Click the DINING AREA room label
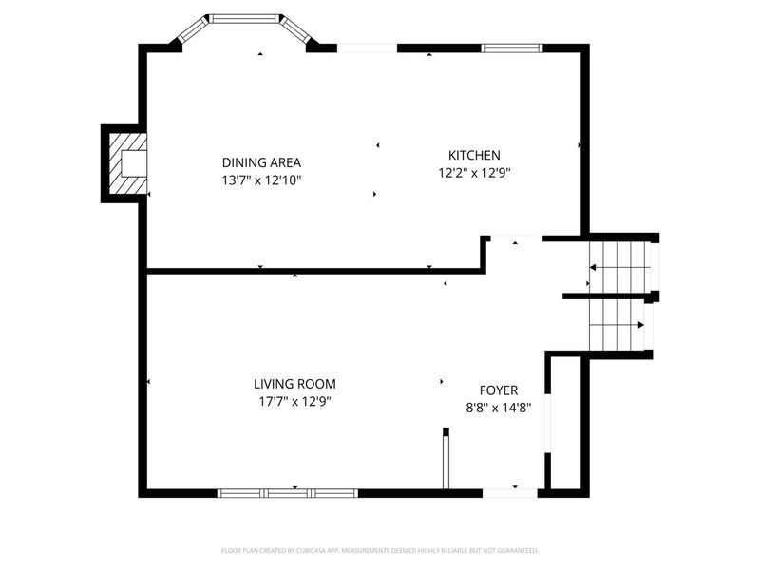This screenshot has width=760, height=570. [261, 162]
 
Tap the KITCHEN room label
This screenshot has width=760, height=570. [474, 155]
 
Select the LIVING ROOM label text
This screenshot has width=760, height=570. [294, 384]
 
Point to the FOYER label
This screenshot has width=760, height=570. [498, 389]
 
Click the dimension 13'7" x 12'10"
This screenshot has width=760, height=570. [261, 180]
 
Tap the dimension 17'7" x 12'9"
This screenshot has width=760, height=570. [294, 401]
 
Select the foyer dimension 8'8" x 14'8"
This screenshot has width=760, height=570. [498, 407]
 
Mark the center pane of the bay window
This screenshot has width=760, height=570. [245, 17]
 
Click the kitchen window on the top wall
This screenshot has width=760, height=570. [511, 47]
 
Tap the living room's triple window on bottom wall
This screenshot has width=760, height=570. [287, 493]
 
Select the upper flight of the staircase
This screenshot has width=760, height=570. [619, 266]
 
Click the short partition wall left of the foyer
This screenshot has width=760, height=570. [445, 461]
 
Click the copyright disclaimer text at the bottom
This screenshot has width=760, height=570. [380, 550]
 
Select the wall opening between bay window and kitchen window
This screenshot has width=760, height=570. [367, 47]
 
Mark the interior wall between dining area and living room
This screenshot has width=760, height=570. [313, 271]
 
